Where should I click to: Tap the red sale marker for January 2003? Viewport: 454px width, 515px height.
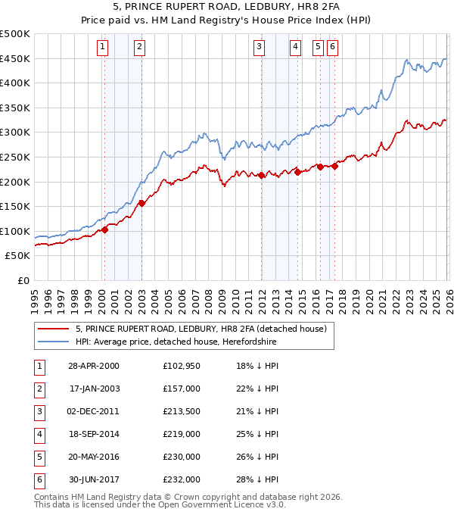click(x=141, y=202)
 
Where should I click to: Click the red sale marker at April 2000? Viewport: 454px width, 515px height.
click(x=105, y=229)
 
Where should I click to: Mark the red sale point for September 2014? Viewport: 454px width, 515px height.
click(x=297, y=172)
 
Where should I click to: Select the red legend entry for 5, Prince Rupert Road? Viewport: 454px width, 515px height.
click(x=201, y=329)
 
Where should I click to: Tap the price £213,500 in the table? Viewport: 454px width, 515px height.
click(x=181, y=413)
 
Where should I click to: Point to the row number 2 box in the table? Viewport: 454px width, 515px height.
click(x=38, y=390)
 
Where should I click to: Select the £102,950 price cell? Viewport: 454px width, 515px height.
click(x=181, y=367)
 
